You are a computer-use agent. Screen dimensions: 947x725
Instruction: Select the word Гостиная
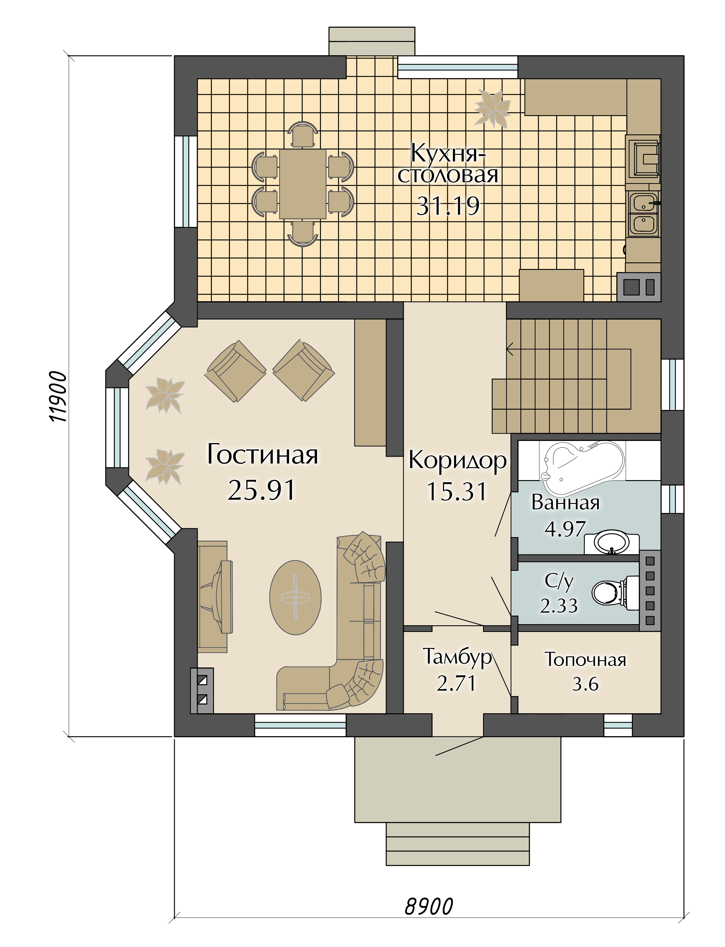point(262,455)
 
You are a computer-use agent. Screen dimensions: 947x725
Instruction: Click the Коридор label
point(457,460)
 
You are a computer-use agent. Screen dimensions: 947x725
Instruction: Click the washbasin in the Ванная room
point(611,542)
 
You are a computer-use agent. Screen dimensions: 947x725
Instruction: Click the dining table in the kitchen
point(303,184)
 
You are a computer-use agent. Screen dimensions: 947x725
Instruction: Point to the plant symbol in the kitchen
point(492,108)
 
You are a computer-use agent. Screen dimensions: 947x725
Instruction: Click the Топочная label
point(585,660)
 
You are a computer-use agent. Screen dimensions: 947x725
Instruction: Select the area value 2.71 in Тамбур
point(456,683)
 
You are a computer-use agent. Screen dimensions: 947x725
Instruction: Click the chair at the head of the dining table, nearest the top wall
point(303,135)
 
